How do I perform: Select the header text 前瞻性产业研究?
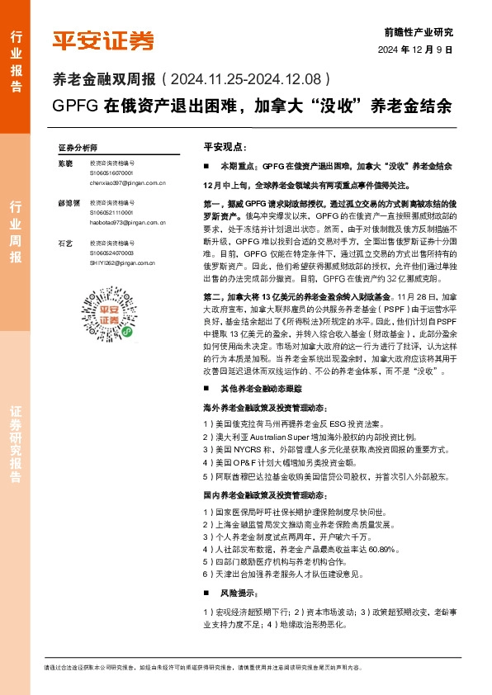[x=419, y=32]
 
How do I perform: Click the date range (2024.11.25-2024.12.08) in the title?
[x=248, y=81]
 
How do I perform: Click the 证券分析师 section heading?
[x=77, y=146]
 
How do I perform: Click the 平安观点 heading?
[x=225, y=146]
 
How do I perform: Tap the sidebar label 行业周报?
[x=16, y=231]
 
